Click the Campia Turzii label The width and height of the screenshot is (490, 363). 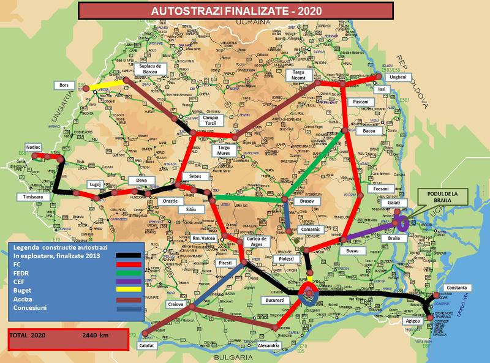click(x=211, y=120)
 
